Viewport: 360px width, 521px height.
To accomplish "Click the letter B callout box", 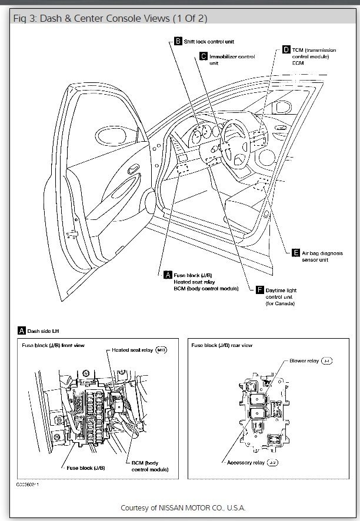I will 178,41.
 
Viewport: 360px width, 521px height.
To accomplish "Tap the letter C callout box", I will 204,56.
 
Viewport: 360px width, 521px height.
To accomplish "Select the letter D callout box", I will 286,50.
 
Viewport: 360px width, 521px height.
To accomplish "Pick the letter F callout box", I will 260,290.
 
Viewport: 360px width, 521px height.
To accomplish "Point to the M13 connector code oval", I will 162,350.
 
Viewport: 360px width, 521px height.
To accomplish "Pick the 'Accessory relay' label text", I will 246,463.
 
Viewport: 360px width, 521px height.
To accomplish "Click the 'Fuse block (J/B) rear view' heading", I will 223,345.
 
